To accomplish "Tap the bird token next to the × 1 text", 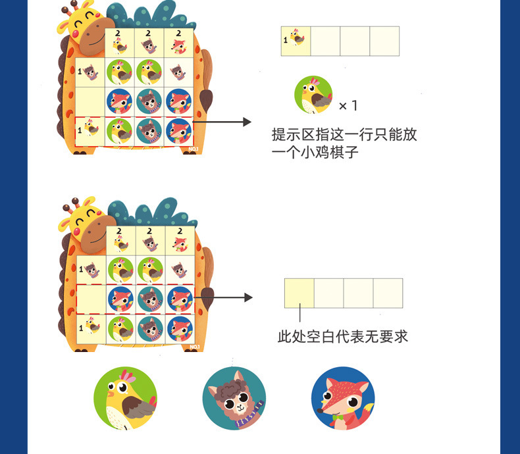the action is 313,95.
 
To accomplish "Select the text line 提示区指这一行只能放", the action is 344,136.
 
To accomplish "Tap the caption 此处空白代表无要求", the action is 343,336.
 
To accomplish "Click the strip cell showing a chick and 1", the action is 296,41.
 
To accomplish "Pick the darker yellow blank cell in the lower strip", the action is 299,293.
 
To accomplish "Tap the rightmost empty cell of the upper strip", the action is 384,41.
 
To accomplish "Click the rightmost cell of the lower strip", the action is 388,293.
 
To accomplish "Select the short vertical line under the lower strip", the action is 299,315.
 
